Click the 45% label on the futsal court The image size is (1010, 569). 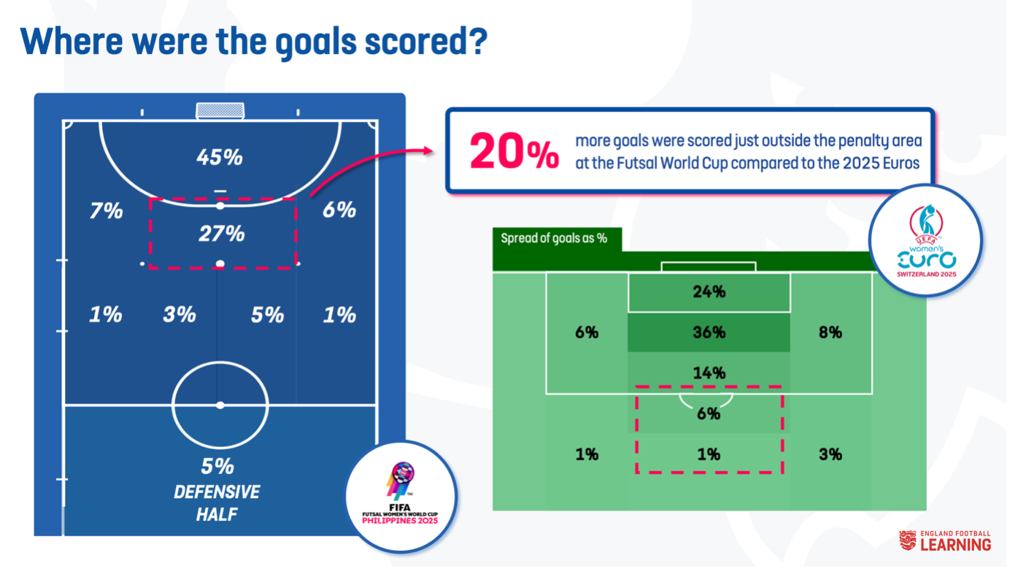(220, 157)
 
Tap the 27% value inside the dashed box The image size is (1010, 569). (222, 234)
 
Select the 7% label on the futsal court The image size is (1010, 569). (107, 210)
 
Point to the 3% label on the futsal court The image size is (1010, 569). (180, 315)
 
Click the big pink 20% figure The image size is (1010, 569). (514, 151)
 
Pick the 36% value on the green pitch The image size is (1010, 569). (709, 332)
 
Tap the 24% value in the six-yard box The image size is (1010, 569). (709, 292)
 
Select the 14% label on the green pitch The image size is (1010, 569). (709, 373)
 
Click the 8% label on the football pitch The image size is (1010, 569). (830, 332)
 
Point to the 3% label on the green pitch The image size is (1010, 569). (830, 454)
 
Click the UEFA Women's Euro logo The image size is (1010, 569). (926, 240)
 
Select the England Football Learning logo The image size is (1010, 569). (945, 541)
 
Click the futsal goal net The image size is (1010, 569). (220, 110)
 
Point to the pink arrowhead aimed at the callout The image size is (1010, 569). (428, 150)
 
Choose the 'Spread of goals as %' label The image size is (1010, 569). (554, 238)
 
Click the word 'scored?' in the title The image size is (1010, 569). (426, 42)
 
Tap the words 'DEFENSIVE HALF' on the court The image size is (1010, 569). (217, 503)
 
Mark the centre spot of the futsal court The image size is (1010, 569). (220, 405)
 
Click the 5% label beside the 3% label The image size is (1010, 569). (267, 315)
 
